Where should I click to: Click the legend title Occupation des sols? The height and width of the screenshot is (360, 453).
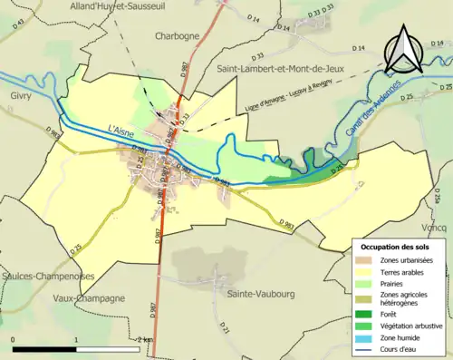(x=395, y=247)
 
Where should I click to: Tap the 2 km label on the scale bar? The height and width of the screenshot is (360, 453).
(x=140, y=339)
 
